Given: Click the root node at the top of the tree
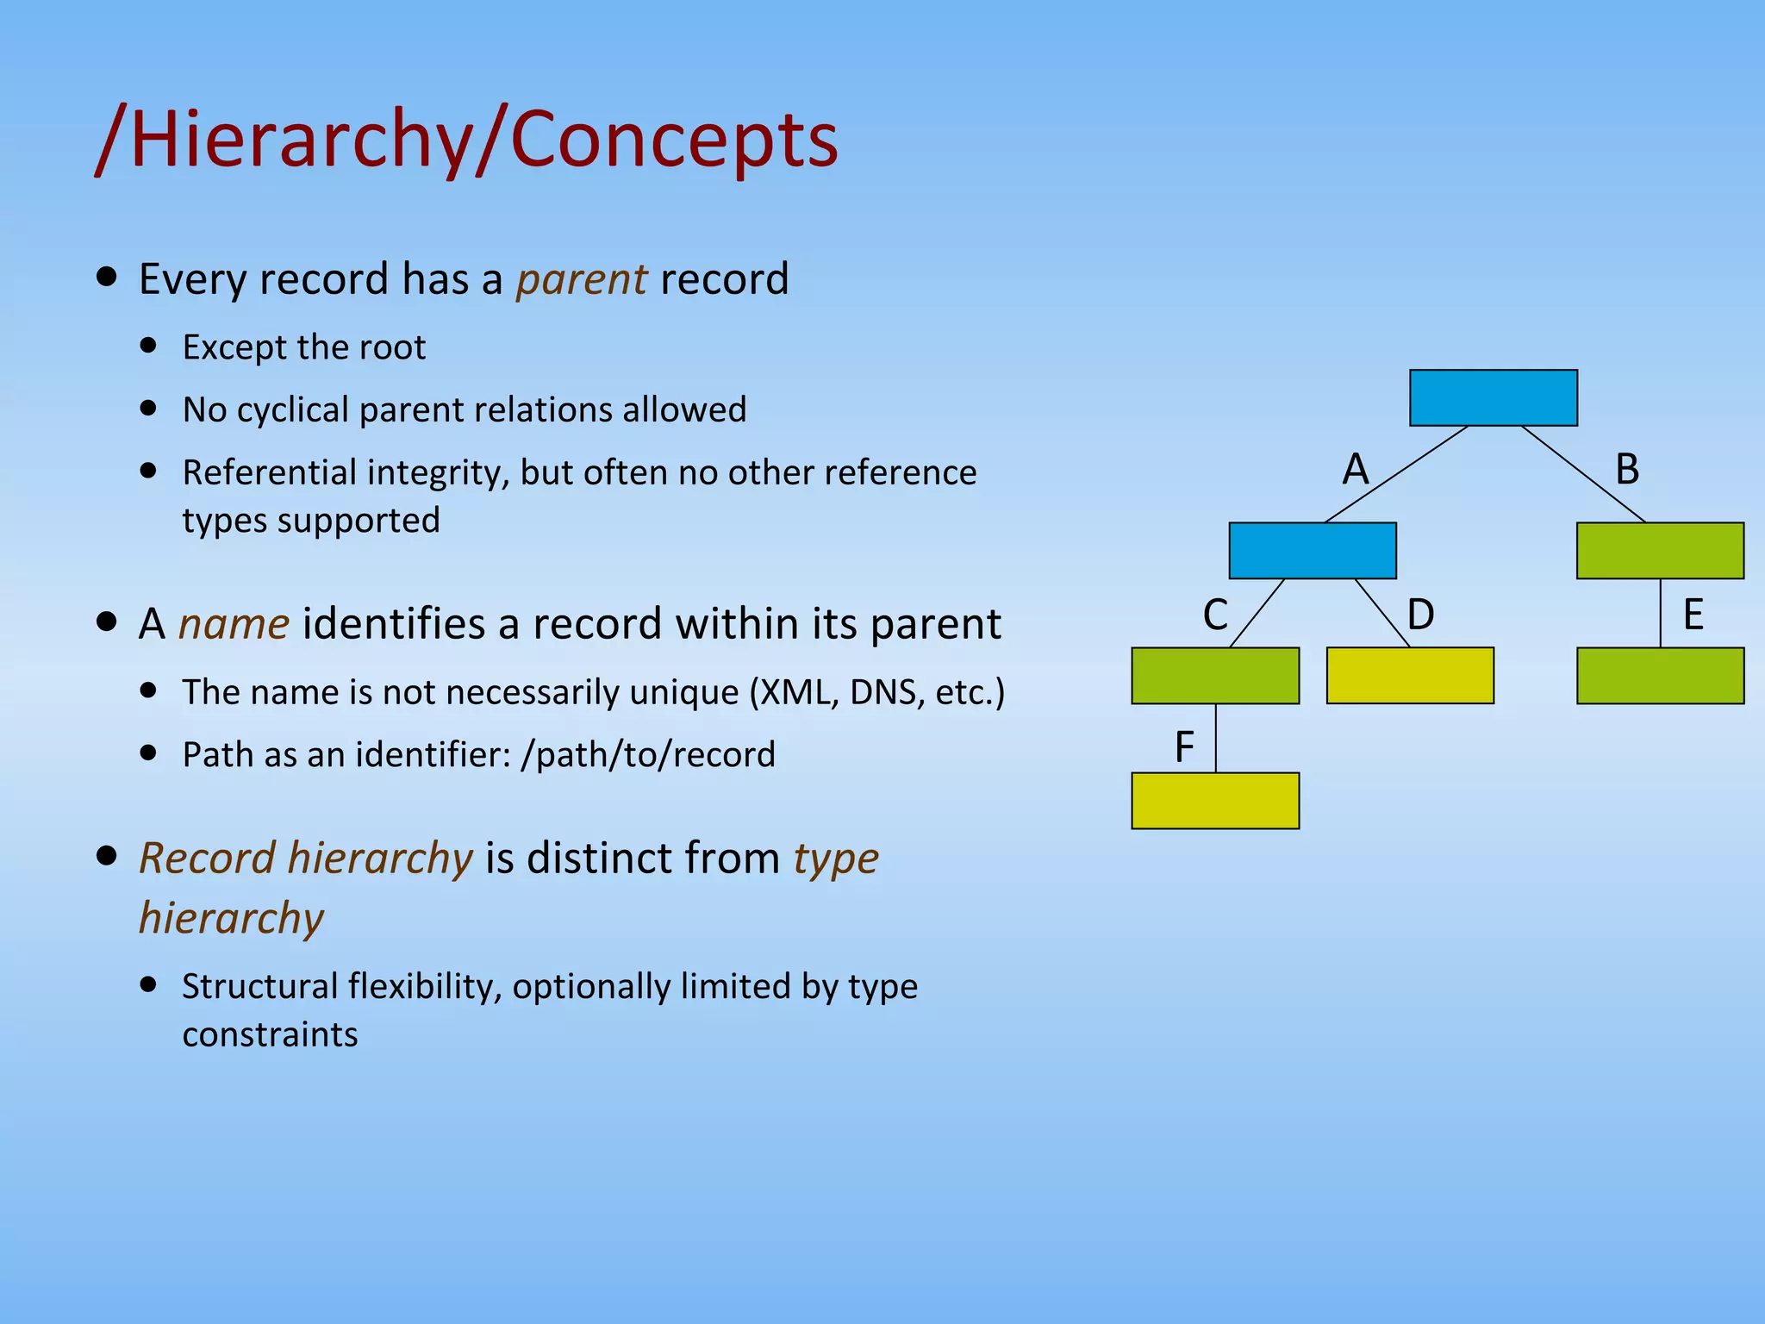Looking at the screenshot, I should tap(1493, 397).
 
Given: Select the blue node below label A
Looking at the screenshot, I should tap(1312, 550).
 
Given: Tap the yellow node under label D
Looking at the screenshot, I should tap(1409, 675).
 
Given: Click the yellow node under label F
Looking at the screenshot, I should tap(1214, 800).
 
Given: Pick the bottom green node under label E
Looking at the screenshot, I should tap(1659, 675).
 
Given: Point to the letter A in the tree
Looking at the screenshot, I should tap(1355, 470).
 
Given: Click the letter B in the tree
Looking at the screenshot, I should tap(1626, 470).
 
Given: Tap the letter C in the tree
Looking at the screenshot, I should tap(1215, 615).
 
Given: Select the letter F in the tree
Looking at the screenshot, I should tap(1184, 746).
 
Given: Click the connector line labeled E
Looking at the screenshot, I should tap(1660, 613).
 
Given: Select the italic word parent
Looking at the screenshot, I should tap(581, 279).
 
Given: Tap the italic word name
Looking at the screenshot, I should tap(234, 623).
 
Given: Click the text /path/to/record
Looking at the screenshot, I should tap(648, 755).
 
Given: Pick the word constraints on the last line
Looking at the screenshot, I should tap(270, 1034).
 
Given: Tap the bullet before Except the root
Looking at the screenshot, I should tap(149, 346).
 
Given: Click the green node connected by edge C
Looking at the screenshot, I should tap(1214, 675).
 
